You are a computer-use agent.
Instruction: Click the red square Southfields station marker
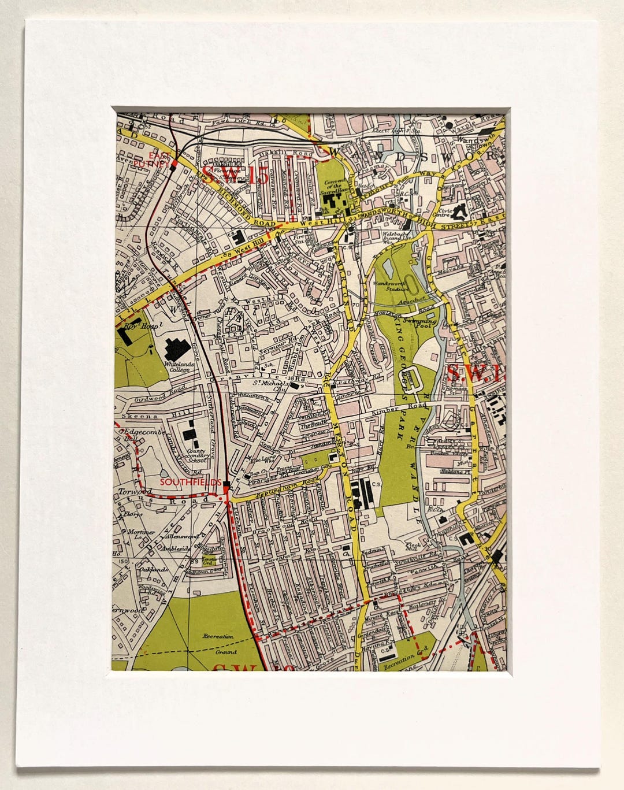pos(226,484)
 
